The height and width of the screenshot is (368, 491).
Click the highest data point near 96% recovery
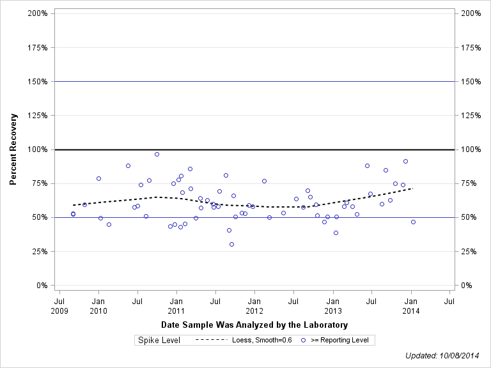(x=157, y=154)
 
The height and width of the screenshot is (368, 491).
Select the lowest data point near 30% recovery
(x=231, y=244)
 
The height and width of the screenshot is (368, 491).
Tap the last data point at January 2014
(x=413, y=222)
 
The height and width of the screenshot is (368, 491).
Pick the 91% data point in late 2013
(x=405, y=161)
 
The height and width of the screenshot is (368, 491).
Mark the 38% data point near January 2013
(x=336, y=233)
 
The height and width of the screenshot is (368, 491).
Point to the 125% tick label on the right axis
(x=470, y=116)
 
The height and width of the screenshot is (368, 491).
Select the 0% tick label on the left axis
(x=41, y=286)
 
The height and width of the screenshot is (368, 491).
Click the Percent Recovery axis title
(x=13, y=149)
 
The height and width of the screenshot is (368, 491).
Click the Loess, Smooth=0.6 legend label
(x=263, y=341)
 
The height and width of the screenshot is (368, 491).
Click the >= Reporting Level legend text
(x=339, y=341)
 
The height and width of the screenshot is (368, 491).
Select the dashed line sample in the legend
(x=211, y=341)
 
